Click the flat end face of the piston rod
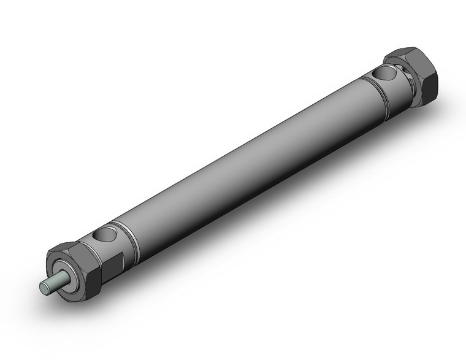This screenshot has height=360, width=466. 44,286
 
